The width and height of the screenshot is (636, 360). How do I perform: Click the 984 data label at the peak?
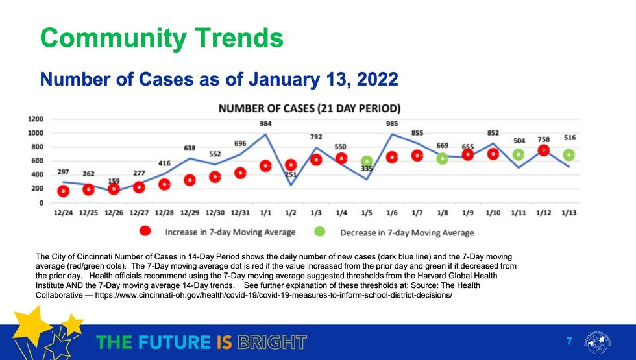click(x=265, y=124)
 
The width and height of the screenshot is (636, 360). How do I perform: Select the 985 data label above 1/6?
click(x=392, y=124)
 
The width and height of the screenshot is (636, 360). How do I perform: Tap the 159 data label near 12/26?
click(x=114, y=181)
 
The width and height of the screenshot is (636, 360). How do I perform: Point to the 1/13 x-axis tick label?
click(x=569, y=213)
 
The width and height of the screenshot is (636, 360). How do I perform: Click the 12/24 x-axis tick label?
click(x=63, y=213)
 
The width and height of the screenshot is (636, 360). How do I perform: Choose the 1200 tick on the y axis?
click(x=36, y=119)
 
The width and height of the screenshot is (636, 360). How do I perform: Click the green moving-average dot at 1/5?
click(x=367, y=161)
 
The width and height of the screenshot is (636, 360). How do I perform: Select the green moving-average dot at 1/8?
click(x=443, y=158)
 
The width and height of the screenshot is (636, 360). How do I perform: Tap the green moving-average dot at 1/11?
click(x=519, y=154)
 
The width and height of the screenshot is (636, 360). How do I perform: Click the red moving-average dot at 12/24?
click(x=63, y=191)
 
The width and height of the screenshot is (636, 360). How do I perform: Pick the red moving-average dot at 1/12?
click(x=544, y=150)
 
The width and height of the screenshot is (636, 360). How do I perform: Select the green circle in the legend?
click(x=320, y=232)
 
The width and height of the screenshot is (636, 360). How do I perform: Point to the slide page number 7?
click(x=569, y=341)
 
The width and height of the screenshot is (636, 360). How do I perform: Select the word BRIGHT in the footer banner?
click(x=270, y=342)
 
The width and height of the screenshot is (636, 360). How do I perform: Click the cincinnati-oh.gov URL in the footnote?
click(x=273, y=294)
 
